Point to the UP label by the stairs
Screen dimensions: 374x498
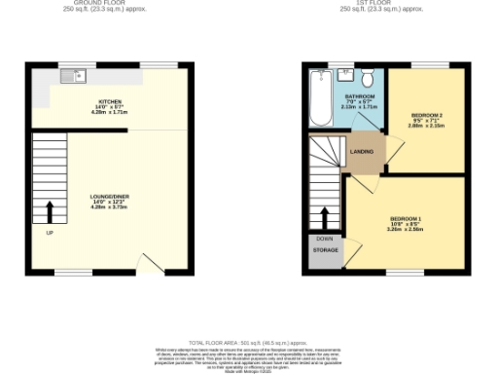[50, 232]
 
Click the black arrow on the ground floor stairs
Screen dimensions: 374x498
[50, 209]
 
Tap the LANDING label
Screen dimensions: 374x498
[364, 150]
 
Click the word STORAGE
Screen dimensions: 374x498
[326, 250]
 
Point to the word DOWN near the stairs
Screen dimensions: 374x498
[325, 238]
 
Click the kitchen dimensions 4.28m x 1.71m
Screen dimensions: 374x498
[109, 114]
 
